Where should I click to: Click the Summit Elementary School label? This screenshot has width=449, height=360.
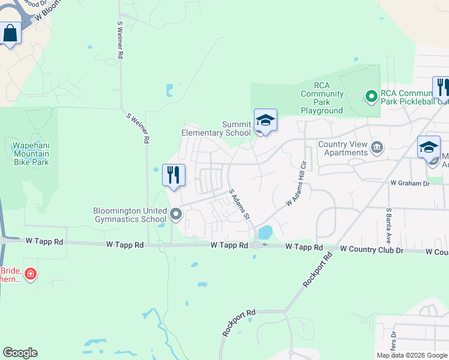pos(216,128)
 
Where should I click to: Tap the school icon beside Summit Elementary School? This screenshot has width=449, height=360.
pos(265,121)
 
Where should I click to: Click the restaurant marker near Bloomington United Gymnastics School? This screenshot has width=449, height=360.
pos(173,175)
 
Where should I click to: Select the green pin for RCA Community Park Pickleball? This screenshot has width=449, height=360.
pos(372,95)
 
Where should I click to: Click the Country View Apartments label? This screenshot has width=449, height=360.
pos(343,148)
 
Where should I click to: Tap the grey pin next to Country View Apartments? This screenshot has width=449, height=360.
pos(377,147)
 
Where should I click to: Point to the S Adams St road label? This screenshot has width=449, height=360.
pos(240,205)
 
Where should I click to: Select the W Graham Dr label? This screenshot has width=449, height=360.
pos(410,182)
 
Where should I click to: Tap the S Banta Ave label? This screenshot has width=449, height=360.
pos(389,223)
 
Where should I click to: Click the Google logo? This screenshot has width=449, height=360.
pos(20,353)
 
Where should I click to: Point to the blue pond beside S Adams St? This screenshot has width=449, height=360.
pos(265,231)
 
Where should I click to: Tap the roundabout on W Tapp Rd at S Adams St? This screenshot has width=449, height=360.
pos(257,245)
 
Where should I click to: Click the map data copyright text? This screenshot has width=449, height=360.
pos(412,355)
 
